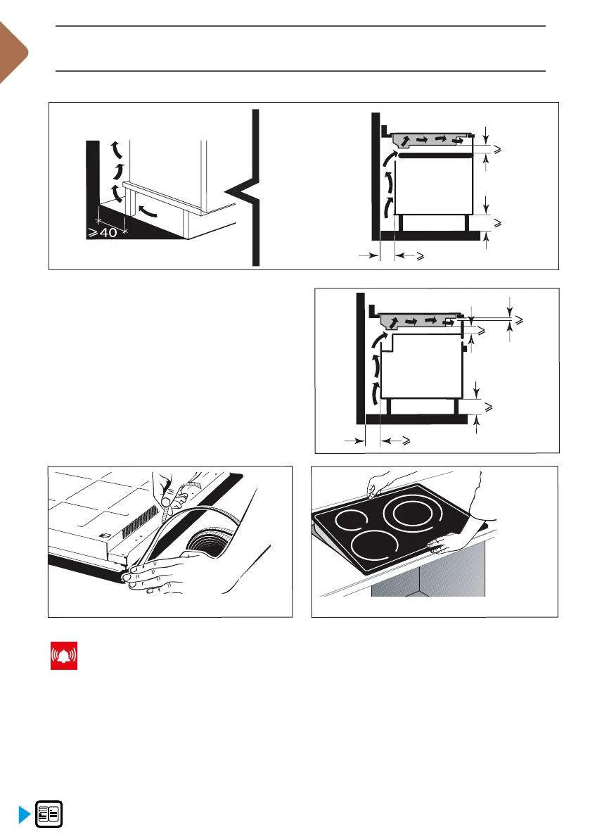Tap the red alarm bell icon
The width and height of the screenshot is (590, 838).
pyautogui.click(x=63, y=656)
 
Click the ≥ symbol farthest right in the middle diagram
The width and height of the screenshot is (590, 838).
pyautogui.click(x=519, y=320)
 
